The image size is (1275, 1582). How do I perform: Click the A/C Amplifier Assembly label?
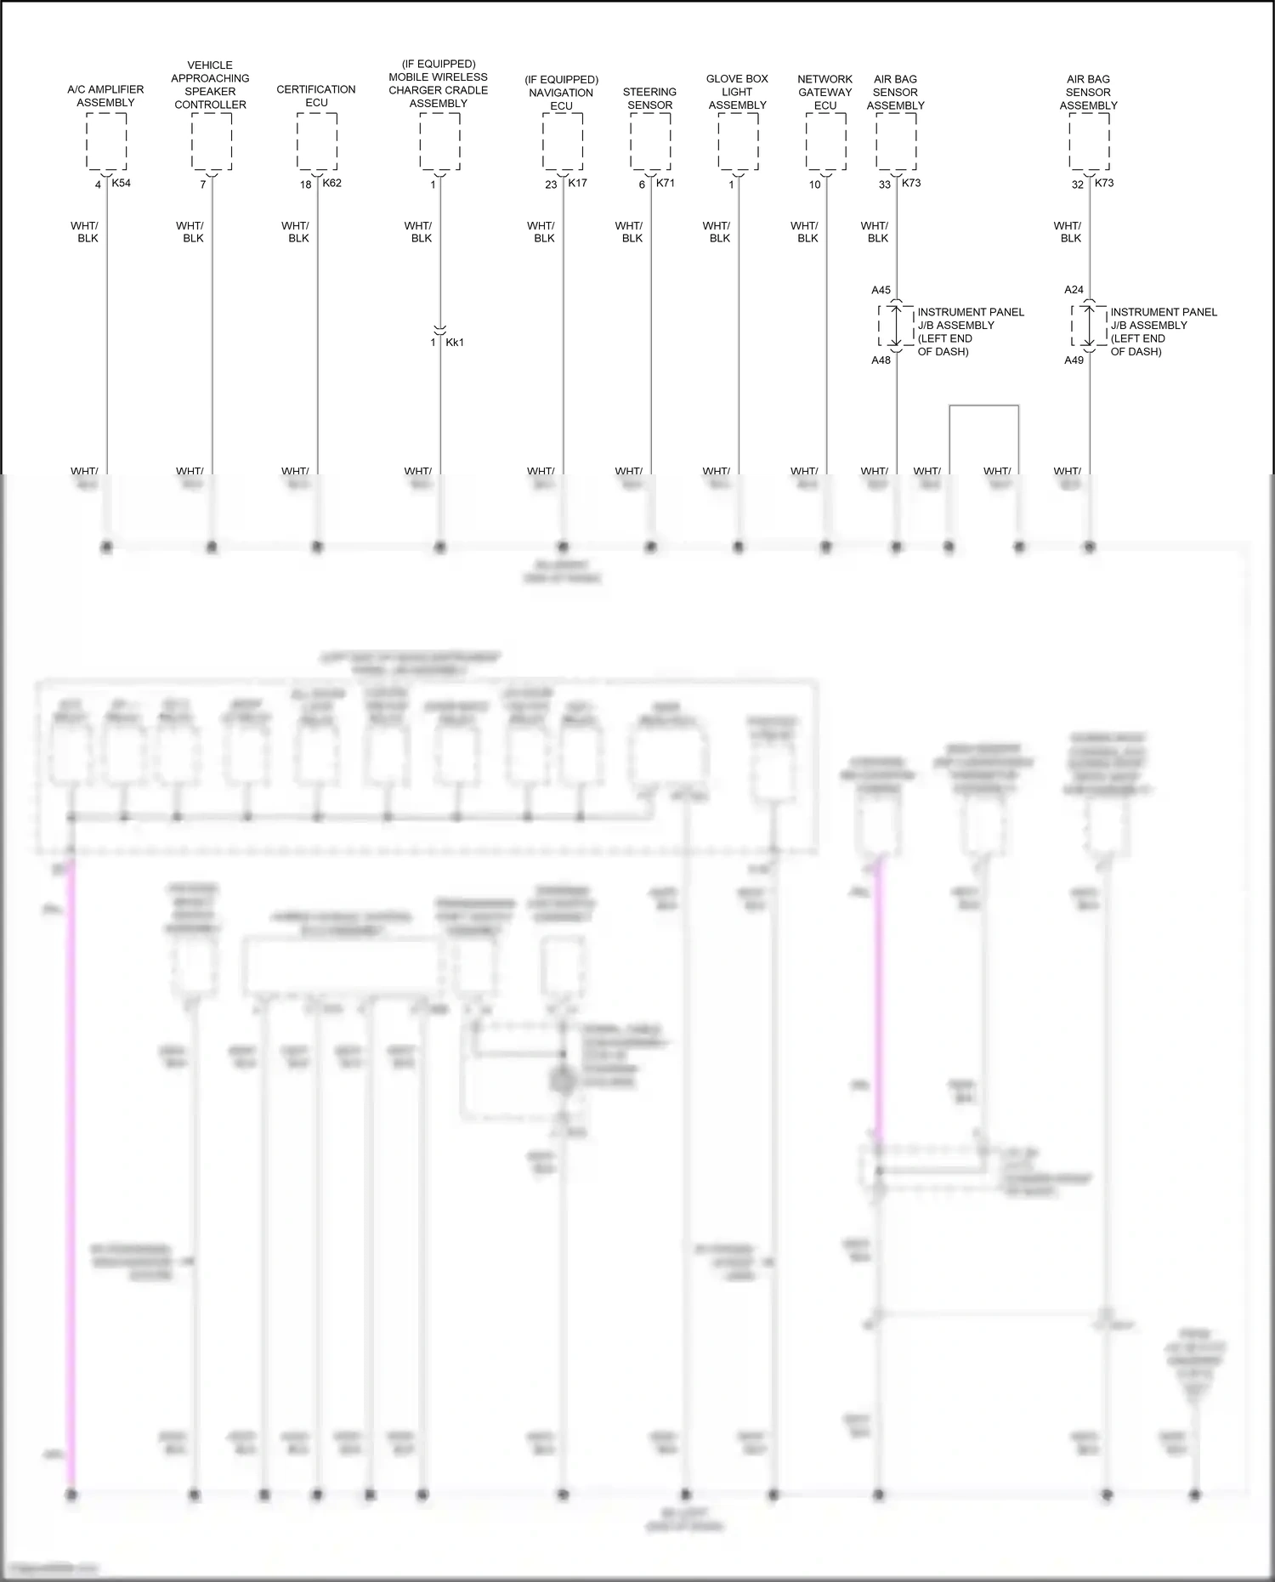pyautogui.click(x=105, y=96)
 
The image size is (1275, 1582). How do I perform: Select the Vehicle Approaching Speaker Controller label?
pyautogui.click(x=210, y=85)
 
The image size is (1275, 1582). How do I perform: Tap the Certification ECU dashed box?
pyautogui.click(x=317, y=141)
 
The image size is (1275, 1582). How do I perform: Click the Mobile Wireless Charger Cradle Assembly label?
pyautogui.click(x=439, y=84)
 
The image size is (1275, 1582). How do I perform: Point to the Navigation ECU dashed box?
pyautogui.click(x=563, y=141)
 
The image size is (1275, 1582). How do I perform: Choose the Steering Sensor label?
pyautogui.click(x=649, y=99)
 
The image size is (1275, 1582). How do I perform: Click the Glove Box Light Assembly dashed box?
pyautogui.click(x=738, y=141)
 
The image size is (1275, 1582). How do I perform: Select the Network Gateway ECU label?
pyautogui.click(x=824, y=92)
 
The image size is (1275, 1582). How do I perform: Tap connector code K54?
pyautogui.click(x=121, y=183)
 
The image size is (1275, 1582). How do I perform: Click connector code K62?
pyautogui.click(x=331, y=183)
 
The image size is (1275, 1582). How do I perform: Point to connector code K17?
pyautogui.click(x=577, y=183)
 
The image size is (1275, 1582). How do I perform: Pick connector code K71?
pyautogui.click(x=666, y=183)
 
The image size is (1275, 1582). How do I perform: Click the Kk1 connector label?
pyautogui.click(x=455, y=343)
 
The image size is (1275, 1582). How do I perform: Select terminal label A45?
pyautogui.click(x=881, y=290)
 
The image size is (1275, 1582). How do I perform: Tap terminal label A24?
pyautogui.click(x=1074, y=290)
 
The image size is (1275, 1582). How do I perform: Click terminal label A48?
pyautogui.click(x=881, y=360)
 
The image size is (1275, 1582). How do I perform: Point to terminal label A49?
pyautogui.click(x=1074, y=360)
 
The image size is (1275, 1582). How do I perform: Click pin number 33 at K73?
pyautogui.click(x=885, y=184)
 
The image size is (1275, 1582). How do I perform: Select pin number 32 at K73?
pyautogui.click(x=1078, y=184)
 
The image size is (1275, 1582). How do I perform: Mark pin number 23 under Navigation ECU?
pyautogui.click(x=551, y=184)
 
